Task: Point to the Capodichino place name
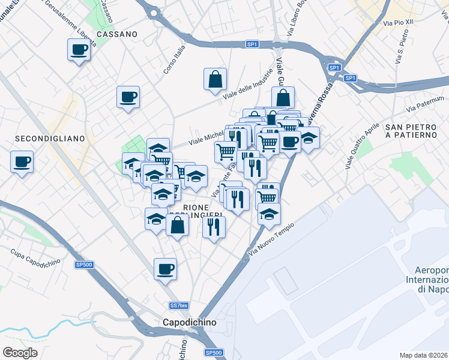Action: (190, 322)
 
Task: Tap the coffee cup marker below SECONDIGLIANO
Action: (22, 161)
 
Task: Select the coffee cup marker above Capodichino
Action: (165, 269)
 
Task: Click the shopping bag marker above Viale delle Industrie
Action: (215, 79)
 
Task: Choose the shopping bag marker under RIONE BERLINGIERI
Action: (177, 226)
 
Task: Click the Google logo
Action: (20, 353)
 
